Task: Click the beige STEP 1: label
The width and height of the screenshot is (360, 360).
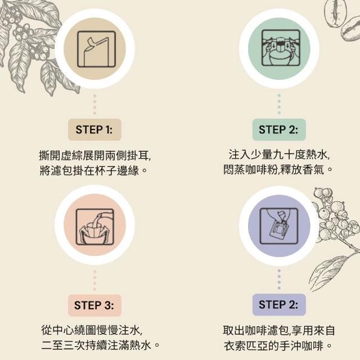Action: pos(94,130)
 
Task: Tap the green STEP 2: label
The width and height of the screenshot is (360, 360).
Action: pos(279,130)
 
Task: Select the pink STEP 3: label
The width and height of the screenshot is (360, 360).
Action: pos(94,305)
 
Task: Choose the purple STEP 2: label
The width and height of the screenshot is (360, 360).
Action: pos(279,305)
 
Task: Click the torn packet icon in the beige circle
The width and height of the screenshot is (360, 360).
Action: pos(96,49)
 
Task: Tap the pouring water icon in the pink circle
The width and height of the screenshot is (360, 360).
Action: pos(95,227)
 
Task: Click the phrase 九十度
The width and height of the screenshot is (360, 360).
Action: pos(289,155)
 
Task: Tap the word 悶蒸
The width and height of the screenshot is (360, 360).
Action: pos(234,170)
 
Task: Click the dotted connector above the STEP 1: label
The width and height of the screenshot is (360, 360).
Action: pos(95,105)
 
